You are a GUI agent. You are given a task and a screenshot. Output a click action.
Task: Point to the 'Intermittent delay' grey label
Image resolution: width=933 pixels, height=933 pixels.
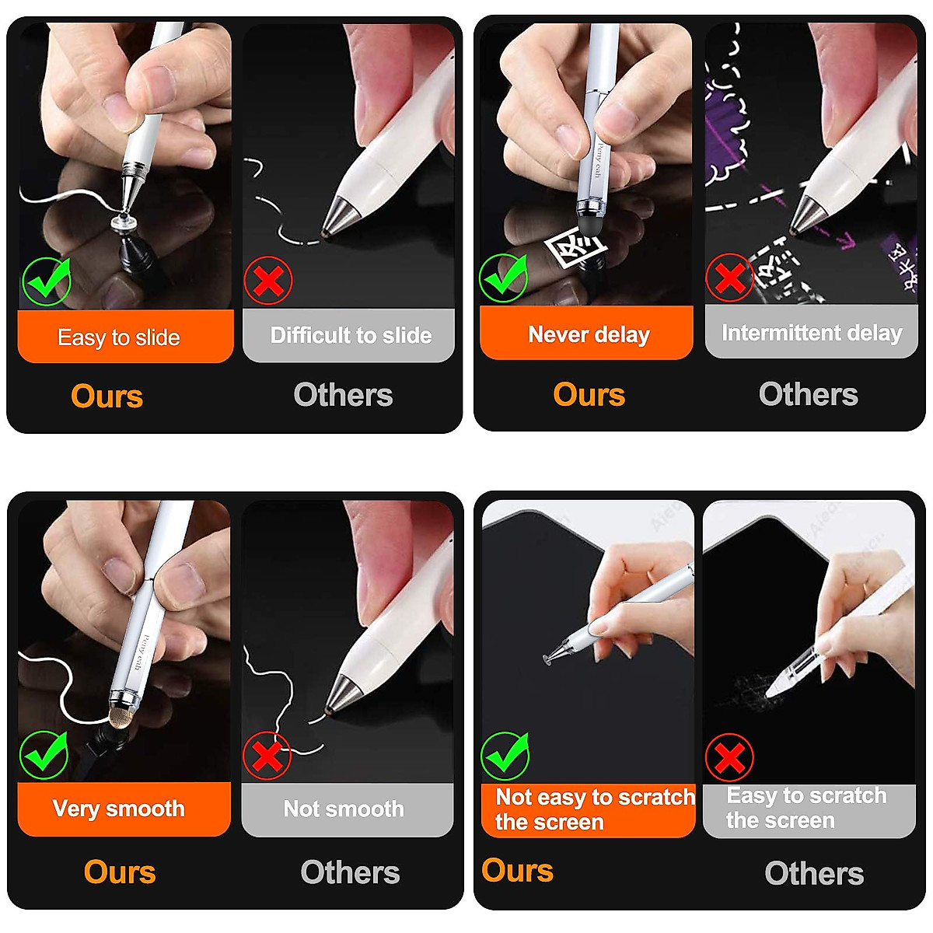(x=811, y=333)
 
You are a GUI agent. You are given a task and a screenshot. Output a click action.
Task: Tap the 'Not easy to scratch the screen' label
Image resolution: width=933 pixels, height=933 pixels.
(x=588, y=809)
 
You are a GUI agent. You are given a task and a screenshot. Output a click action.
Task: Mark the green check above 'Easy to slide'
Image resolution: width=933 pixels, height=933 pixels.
(x=47, y=280)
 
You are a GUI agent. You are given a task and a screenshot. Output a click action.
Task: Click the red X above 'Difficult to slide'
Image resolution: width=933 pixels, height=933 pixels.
(x=268, y=280)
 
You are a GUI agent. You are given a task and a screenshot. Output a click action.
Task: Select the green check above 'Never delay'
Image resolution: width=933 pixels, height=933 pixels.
(x=504, y=278)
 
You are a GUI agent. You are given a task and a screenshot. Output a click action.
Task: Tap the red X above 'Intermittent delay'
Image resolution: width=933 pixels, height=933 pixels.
(x=729, y=277)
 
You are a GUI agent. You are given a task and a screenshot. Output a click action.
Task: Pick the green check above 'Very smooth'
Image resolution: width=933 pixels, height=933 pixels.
(x=44, y=754)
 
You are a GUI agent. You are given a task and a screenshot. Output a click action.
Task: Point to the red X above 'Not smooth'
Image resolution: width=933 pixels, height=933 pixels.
(x=267, y=755)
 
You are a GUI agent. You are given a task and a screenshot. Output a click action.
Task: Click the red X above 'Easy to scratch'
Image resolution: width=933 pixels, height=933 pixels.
(x=729, y=757)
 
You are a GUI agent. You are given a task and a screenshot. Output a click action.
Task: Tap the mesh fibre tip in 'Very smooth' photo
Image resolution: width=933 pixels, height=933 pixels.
(x=120, y=716)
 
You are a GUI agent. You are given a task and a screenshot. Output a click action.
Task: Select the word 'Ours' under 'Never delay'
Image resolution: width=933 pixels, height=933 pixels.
(x=589, y=394)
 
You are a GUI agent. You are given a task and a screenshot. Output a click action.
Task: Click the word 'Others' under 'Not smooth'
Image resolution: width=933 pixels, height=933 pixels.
(x=350, y=872)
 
